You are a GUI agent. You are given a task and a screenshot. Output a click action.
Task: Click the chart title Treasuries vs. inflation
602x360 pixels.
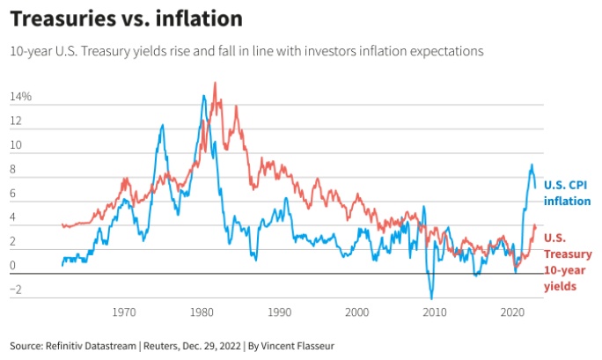click(x=127, y=18)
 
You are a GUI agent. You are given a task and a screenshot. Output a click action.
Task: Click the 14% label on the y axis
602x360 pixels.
click(x=21, y=96)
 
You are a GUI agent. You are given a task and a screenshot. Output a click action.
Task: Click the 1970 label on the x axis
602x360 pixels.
click(x=124, y=312)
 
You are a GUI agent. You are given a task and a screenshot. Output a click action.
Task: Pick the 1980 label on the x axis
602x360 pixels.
click(x=202, y=312)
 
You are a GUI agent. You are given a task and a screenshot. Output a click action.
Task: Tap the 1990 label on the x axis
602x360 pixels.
click(x=279, y=312)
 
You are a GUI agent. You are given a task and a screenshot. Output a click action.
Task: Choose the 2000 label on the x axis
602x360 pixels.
click(x=356, y=312)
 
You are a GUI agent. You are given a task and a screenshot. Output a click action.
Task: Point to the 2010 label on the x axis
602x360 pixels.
click(x=435, y=312)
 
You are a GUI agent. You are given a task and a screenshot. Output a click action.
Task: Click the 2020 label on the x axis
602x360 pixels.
click(x=512, y=312)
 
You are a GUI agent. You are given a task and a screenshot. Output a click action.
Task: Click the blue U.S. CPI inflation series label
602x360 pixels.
click(x=567, y=193)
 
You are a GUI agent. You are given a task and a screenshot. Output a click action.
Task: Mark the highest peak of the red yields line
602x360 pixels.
click(x=216, y=83)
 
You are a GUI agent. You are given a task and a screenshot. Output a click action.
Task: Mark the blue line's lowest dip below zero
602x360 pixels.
click(x=431, y=298)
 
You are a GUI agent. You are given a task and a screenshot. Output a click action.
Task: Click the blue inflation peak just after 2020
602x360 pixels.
click(x=532, y=165)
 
